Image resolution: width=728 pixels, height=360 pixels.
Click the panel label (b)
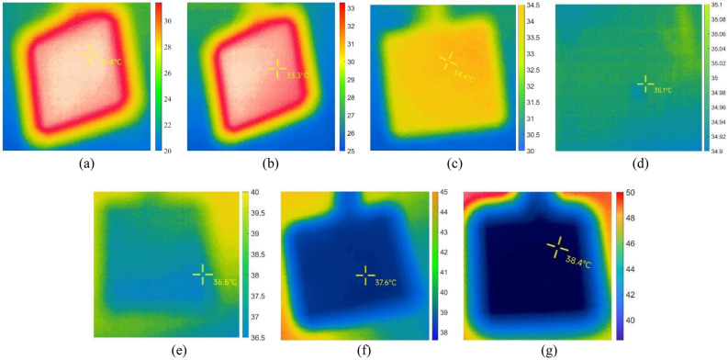tap(268, 164)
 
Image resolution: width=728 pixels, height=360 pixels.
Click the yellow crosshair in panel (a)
tap(90, 53)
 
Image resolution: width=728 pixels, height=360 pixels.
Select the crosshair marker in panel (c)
tap(448, 62)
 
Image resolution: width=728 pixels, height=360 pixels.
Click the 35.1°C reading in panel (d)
tap(663, 90)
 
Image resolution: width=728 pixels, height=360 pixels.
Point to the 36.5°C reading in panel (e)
tap(225, 282)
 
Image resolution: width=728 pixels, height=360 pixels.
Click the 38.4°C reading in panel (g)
tap(577, 264)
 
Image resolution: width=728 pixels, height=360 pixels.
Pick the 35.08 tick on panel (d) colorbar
tap(715, 19)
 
